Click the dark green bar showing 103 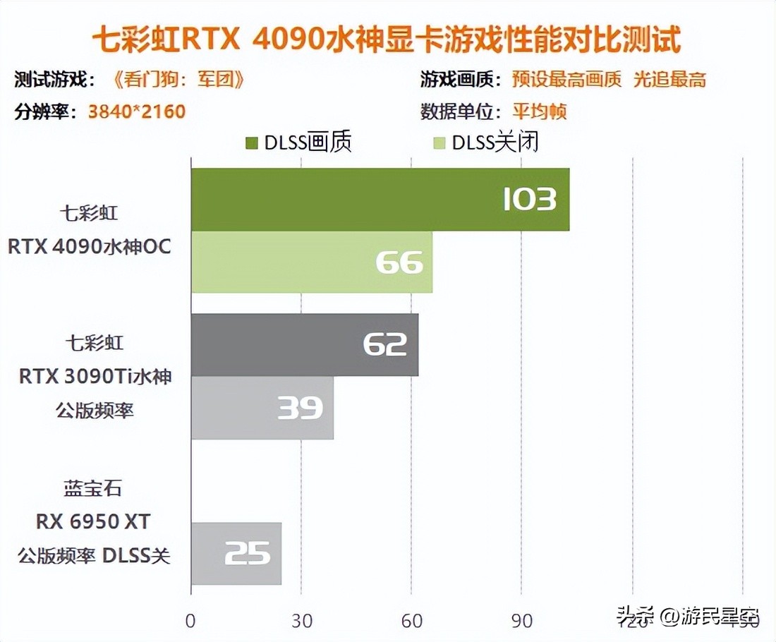coord(380,200)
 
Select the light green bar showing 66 coord(311,262)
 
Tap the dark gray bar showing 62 coord(304,344)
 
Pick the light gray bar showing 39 coord(262,408)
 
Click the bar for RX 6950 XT coord(236,553)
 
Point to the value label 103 coord(529,200)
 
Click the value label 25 coord(248,554)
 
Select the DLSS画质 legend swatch coord(252,143)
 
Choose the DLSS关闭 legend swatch coord(439,143)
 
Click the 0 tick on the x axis coord(190,621)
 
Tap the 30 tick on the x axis coord(301,621)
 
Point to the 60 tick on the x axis coord(411,621)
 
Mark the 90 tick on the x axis coord(521,621)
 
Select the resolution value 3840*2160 coord(137,111)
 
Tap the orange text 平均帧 coord(540,111)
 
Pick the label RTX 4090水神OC coord(90,248)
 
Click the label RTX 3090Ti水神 coord(95,377)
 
